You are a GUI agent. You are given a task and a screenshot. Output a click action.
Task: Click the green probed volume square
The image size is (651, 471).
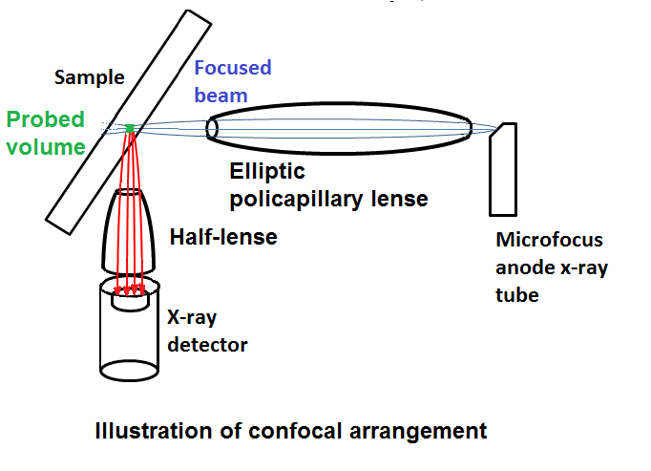(130, 128)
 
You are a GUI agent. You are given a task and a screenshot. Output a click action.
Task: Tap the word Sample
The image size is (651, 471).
(90, 77)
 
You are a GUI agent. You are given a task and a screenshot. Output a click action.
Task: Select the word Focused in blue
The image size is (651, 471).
(233, 68)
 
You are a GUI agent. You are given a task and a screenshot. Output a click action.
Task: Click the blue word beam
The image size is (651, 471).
(220, 96)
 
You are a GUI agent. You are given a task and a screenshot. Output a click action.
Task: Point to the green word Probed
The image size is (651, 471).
(45, 119)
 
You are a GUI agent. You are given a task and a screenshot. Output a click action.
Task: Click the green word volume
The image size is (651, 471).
(46, 147)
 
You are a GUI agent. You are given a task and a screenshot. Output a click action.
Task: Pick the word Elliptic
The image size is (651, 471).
(267, 172)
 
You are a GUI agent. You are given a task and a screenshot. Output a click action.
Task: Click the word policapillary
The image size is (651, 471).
(297, 200)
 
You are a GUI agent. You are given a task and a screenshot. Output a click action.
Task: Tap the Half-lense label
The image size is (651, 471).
(223, 237)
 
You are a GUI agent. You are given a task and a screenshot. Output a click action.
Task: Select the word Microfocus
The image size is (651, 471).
(549, 240)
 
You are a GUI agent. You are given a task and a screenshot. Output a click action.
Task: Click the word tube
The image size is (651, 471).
(517, 295)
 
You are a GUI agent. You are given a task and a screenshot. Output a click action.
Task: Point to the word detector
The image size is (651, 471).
(207, 345)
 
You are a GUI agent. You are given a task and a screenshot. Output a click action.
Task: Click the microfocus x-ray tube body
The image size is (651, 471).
(503, 170)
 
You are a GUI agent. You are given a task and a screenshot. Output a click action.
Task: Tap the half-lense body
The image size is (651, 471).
(129, 231)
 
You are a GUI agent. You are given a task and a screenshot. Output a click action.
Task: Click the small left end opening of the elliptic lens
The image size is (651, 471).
(212, 128)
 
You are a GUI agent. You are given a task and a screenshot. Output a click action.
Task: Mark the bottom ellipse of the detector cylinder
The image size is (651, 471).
(130, 371)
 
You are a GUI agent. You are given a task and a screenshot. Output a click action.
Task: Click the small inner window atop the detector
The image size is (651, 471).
(130, 301)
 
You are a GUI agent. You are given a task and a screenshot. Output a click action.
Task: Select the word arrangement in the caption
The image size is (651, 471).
(418, 432)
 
